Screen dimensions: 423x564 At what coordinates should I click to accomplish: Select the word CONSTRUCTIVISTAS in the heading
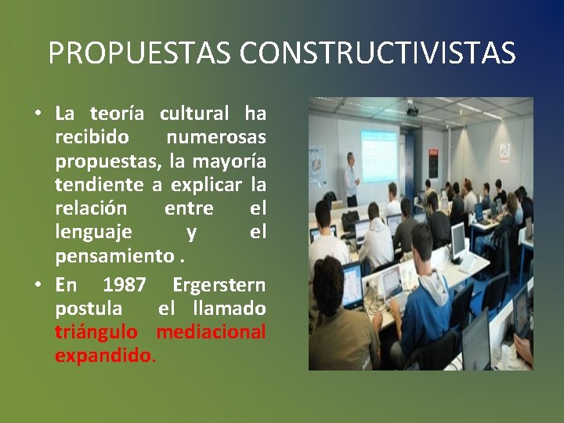coord(378,53)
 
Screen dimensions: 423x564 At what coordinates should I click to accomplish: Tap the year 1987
coord(124,284)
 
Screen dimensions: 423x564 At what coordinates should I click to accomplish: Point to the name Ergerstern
coord(219,284)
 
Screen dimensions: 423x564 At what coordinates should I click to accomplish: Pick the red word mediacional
coord(211,332)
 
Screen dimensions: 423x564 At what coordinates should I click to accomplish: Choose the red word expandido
coord(104,356)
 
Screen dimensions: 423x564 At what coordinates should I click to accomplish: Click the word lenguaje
coord(93,232)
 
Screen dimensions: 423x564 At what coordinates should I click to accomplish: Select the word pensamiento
coord(114,255)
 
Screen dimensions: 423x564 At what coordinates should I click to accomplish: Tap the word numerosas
coord(216,137)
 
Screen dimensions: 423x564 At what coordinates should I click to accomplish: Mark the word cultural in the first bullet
coord(194,114)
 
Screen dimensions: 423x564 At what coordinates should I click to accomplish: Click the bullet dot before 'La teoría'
coord(38,114)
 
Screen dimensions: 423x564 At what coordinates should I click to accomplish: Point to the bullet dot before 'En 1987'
coord(38,285)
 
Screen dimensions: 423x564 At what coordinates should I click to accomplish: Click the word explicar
coord(205,185)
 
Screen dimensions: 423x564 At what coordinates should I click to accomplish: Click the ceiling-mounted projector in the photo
coord(412,111)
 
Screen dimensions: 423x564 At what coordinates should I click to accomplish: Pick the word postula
coord(89,308)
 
